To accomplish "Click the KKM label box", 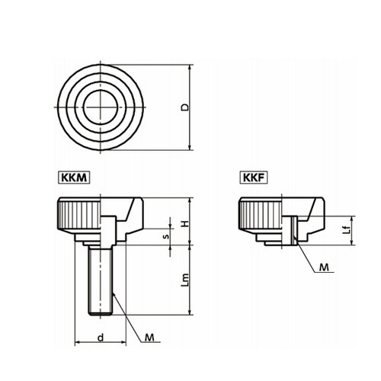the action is click(x=75, y=178).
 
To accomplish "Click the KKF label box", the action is click(x=254, y=178).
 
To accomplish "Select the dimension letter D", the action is click(x=185, y=107).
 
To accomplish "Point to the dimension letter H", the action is click(x=186, y=224).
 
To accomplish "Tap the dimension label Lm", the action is click(x=186, y=280).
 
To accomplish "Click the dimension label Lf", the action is click(x=346, y=230).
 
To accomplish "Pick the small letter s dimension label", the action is click(x=166, y=236).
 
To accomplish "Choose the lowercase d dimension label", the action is click(x=101, y=338).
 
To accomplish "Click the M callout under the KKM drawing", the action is click(x=149, y=338).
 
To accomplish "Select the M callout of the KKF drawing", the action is click(x=324, y=267).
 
